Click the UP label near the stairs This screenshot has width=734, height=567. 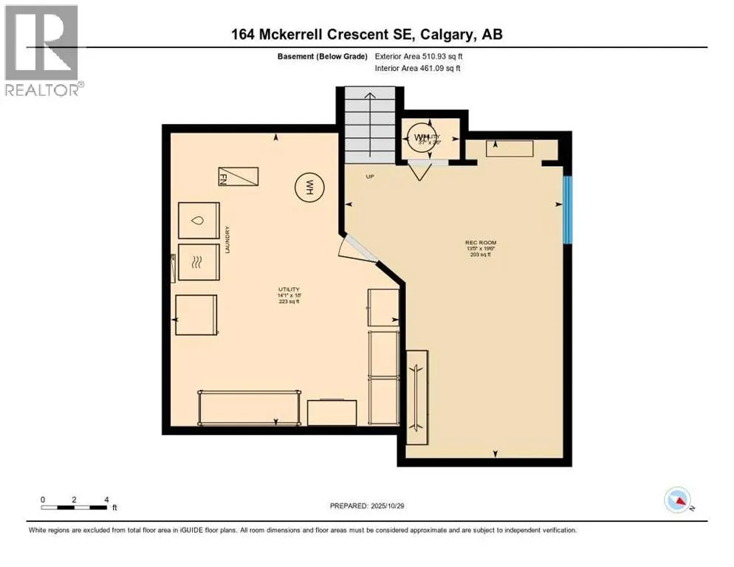tap(371, 176)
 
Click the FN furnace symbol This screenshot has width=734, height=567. tap(238, 177)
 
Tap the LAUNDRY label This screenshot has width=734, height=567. tap(229, 240)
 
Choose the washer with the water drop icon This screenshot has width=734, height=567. tap(199, 221)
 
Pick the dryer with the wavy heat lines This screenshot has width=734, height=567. tap(199, 262)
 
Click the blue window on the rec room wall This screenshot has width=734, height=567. tap(567, 209)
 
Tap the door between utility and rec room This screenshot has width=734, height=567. tap(357, 250)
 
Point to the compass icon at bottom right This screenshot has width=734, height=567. tap(677, 501)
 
